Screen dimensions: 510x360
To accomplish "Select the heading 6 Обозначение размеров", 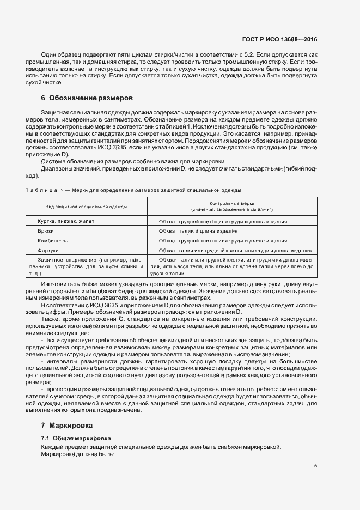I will point(87,99).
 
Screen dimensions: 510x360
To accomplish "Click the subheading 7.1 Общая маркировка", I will point(76,438).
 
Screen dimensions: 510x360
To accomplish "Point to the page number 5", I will point(315,466).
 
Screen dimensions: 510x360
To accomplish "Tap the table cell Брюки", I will point(46,231).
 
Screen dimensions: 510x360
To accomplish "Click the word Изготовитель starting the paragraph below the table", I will point(63,284).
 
